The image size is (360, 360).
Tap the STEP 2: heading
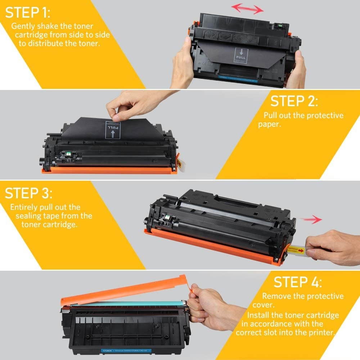coord(294,101)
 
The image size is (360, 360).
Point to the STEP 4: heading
coord(297,282)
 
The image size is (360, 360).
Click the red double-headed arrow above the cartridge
coord(247,9)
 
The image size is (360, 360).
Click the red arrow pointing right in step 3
coord(312,219)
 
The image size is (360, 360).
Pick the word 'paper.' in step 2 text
coord(269,124)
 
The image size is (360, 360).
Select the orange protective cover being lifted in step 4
coord(126,288)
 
